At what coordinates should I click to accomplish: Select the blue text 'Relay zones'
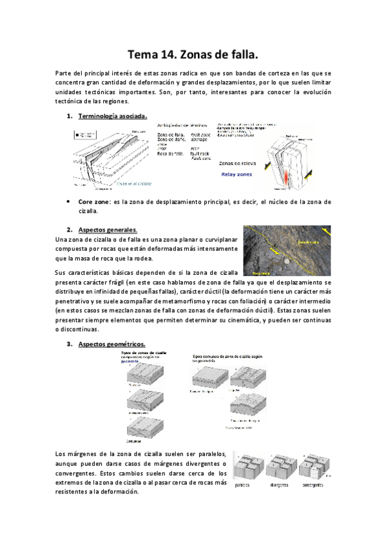coord(238,174)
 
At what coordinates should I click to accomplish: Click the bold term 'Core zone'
coord(92,202)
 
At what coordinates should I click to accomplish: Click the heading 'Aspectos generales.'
coord(108,230)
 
